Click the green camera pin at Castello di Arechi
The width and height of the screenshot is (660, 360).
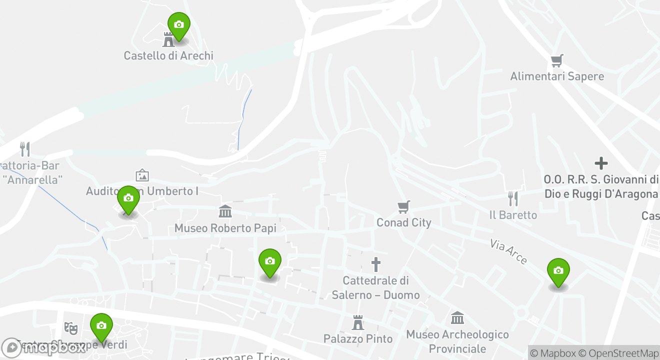(178, 25)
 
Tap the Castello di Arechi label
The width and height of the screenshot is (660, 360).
(168, 55)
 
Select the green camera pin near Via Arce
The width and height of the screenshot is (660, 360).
(558, 271)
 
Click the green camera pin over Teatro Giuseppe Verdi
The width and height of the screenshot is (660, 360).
(101, 326)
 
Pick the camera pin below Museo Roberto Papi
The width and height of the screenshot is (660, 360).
(270, 261)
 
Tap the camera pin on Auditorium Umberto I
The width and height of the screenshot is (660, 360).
(128, 198)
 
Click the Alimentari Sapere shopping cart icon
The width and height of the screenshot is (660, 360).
(557, 61)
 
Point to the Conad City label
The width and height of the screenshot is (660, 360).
(403, 222)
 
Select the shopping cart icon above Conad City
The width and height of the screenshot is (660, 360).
(403, 206)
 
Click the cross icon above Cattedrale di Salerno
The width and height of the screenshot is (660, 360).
(375, 264)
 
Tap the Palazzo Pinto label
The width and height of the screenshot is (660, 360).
(357, 339)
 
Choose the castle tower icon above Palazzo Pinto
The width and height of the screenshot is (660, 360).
(357, 322)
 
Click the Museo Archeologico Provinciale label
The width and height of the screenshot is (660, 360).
(457, 341)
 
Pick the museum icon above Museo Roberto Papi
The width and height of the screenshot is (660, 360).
(225, 211)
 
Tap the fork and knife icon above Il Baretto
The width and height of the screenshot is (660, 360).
(513, 198)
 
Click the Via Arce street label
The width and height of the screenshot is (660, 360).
(508, 251)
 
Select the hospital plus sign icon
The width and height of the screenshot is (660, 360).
(601, 163)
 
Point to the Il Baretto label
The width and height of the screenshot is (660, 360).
(513, 215)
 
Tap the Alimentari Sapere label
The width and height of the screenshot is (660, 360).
(557, 76)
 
